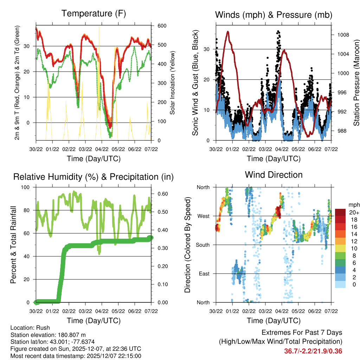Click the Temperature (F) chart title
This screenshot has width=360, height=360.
tap(94, 14)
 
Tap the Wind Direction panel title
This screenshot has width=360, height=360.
tap(274, 175)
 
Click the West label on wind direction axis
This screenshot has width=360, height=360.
tap(203, 216)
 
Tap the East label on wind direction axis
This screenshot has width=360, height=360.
tap(204, 274)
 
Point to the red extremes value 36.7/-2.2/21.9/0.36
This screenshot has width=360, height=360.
tap(313, 351)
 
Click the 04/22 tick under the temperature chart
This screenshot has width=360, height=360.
tap(102, 149)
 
